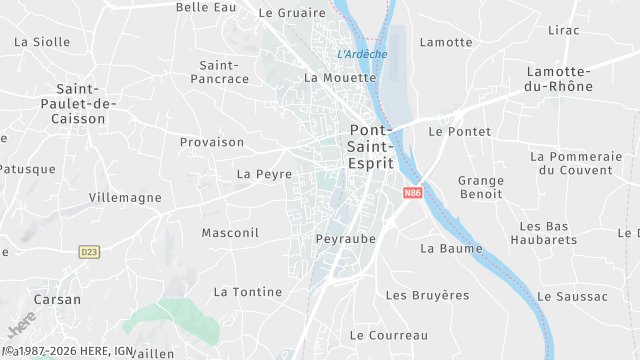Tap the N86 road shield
(x=413, y=193)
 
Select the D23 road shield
(x=89, y=252)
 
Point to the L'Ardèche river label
(x=362, y=54)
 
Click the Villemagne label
(x=125, y=198)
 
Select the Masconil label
(x=230, y=233)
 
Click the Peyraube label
(x=345, y=240)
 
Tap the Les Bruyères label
(x=427, y=295)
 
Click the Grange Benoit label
(x=480, y=188)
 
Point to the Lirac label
(x=564, y=30)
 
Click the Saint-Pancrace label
(x=218, y=71)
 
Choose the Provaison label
(x=212, y=142)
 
